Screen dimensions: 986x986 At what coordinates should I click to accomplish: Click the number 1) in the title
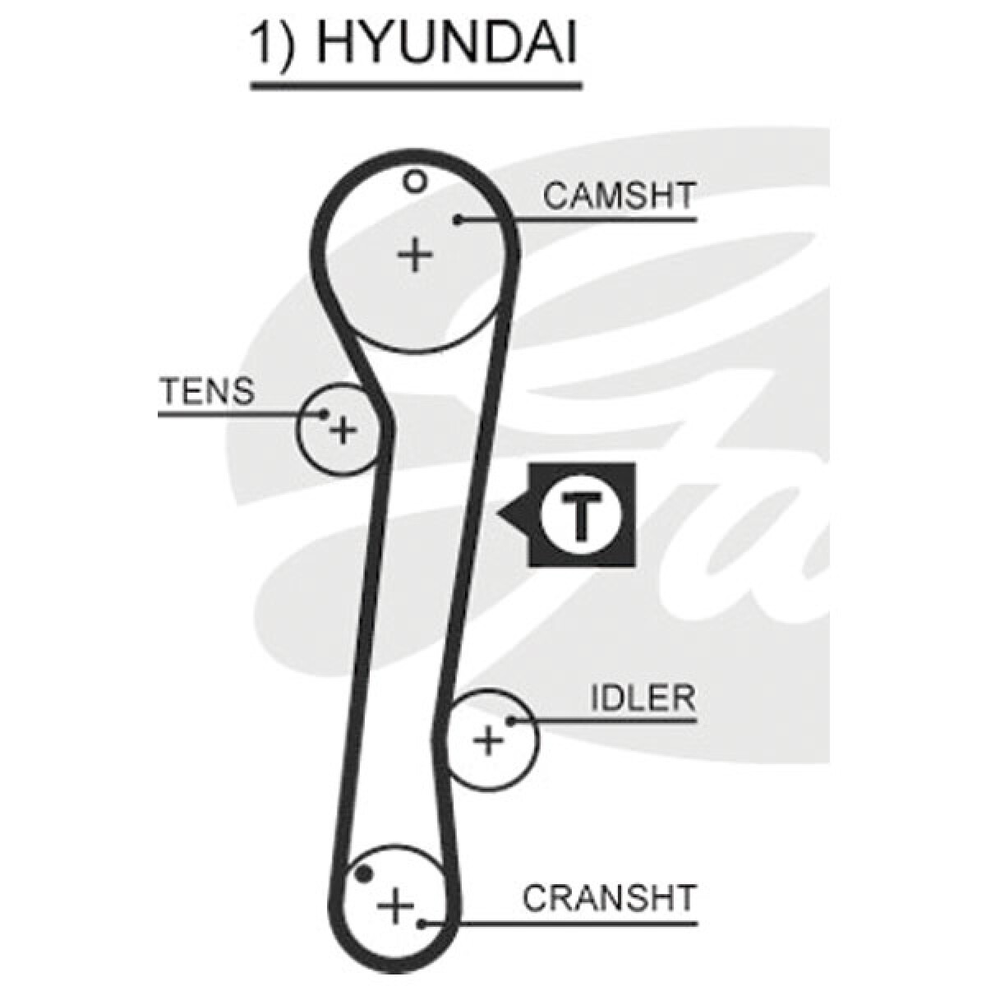274,44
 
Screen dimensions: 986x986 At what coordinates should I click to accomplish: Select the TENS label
207,391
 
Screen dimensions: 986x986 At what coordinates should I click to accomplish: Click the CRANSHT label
609,897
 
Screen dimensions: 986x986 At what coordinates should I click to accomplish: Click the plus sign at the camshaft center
416,255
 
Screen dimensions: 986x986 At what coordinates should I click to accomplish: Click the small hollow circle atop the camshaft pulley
414,181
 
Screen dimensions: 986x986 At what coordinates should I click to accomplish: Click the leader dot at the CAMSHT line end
458,220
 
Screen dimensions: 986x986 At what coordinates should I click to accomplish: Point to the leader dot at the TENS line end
324,413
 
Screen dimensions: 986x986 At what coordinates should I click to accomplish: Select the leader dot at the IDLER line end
510,721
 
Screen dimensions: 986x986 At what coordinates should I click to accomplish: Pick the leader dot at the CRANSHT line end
421,924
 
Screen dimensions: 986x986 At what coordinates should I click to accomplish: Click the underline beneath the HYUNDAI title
416,87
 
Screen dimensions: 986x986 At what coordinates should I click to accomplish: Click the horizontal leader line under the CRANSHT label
559,924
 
